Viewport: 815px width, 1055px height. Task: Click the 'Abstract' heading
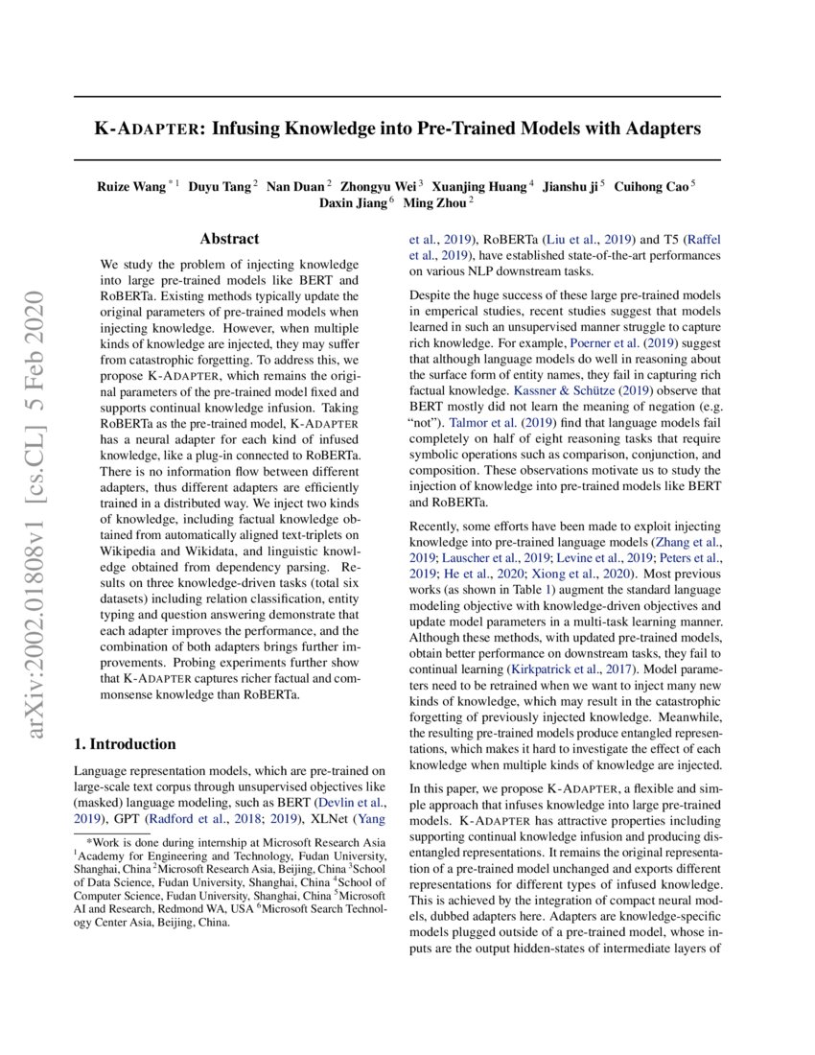coord(229,239)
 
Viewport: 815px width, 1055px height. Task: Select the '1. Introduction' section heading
coord(125,743)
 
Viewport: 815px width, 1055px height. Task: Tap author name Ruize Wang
coord(131,186)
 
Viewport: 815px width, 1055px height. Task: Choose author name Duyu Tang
coord(220,186)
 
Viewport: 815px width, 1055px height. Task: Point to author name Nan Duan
coord(295,186)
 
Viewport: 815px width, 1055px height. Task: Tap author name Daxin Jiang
coord(353,203)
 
